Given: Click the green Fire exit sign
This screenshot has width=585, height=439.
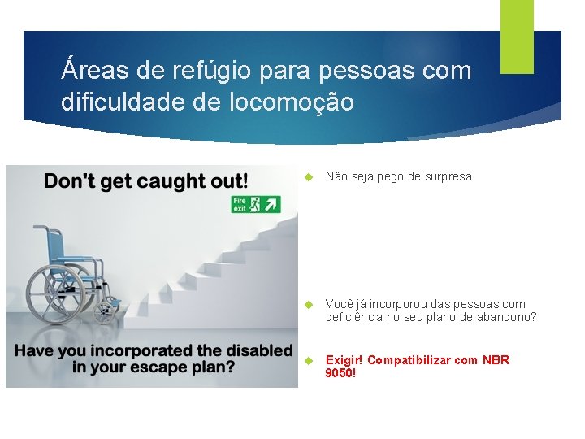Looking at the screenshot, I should coord(256,203).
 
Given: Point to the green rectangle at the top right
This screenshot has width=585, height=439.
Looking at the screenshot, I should coord(517,36).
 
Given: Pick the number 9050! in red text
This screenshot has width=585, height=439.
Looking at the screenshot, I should coord(340,373).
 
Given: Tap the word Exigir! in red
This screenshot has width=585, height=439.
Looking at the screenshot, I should coord(344,360).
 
